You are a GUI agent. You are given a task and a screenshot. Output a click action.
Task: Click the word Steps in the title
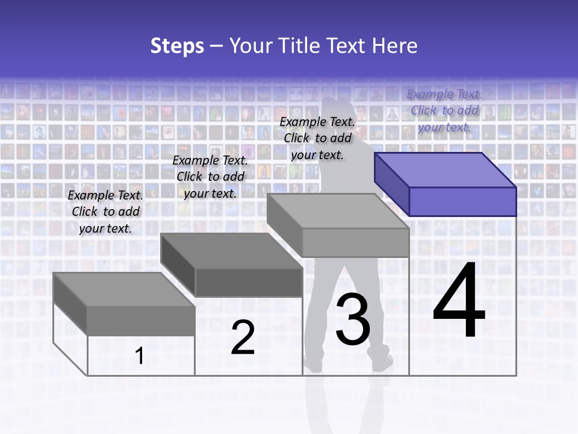(177, 46)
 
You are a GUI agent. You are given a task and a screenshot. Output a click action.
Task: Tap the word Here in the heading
(394, 46)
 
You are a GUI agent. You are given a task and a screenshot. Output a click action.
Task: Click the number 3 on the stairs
(352, 319)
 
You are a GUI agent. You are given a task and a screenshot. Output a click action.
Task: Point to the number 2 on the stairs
(243, 338)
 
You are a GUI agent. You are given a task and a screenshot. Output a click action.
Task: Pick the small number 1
(140, 356)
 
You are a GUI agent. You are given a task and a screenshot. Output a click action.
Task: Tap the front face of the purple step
(462, 201)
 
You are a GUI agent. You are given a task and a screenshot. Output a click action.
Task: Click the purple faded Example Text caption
(444, 110)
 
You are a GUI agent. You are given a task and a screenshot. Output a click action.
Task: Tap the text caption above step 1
(105, 212)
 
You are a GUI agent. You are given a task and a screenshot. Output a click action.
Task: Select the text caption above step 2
(210, 177)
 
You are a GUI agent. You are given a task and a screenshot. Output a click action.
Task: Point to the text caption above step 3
(317, 138)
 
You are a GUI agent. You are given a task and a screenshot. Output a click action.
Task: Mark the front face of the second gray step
(249, 282)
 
